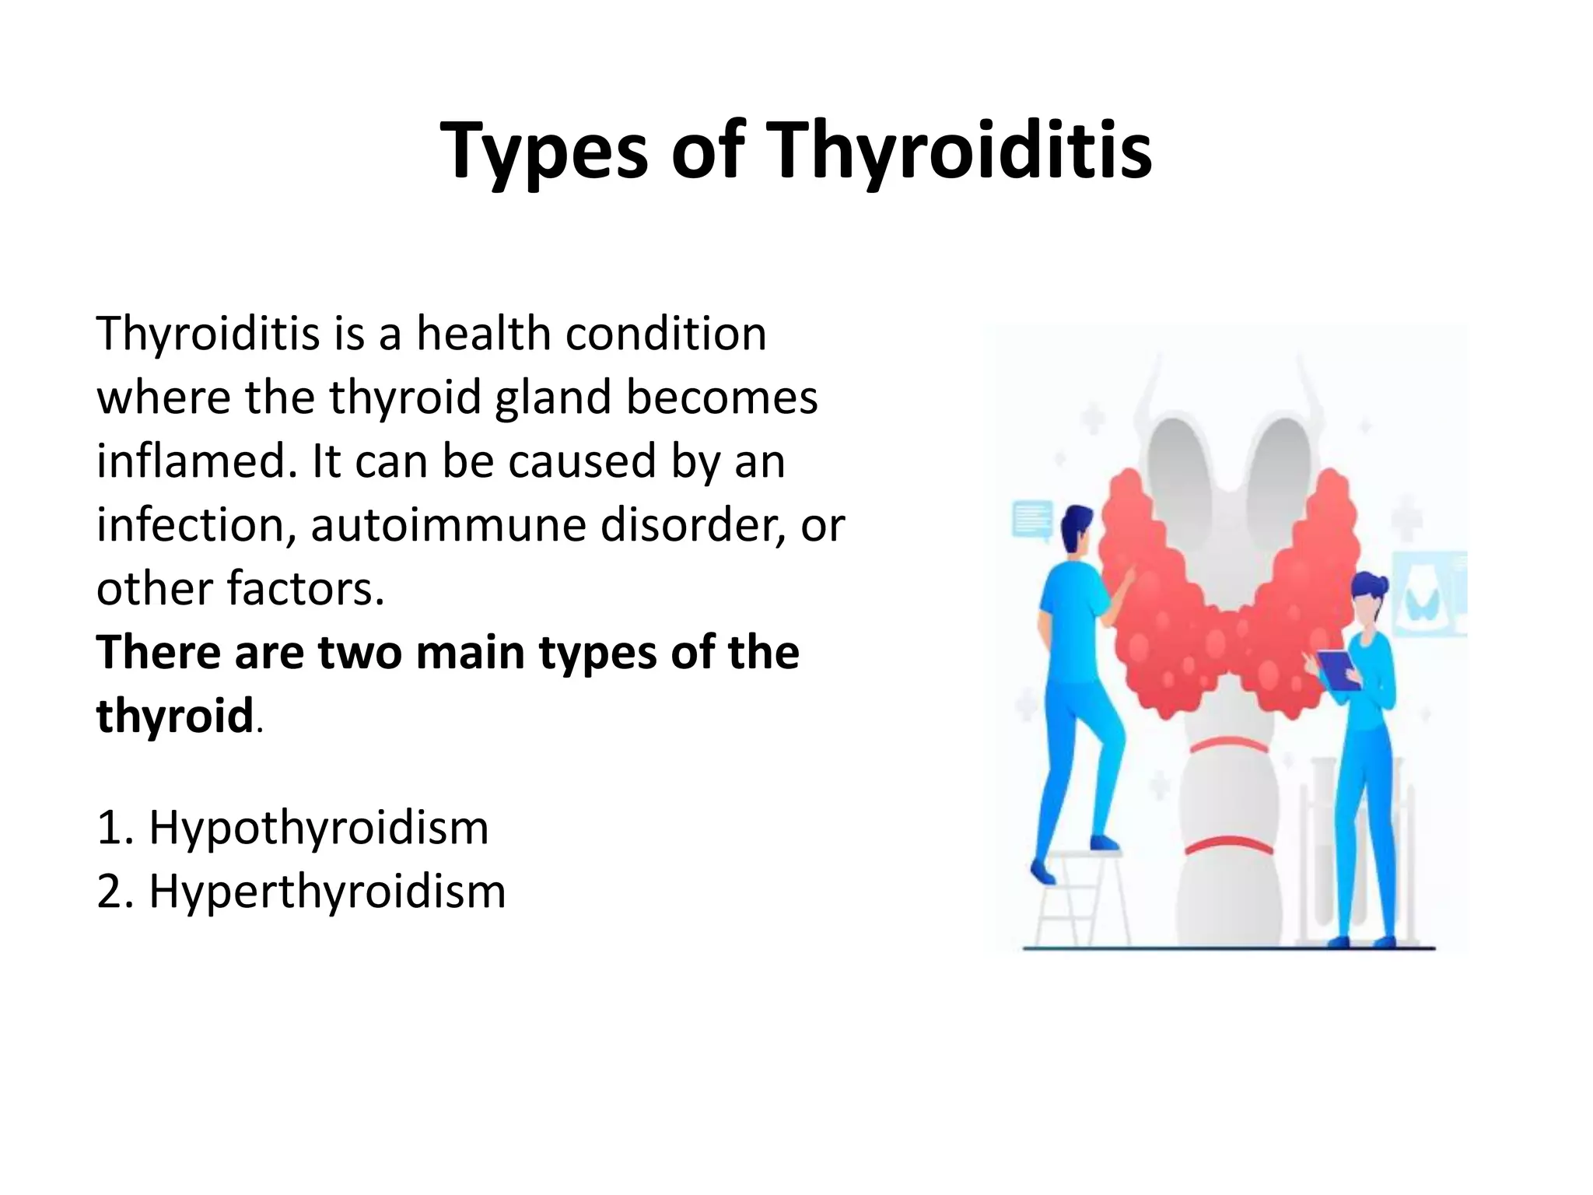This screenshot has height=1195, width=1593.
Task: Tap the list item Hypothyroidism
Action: point(319,827)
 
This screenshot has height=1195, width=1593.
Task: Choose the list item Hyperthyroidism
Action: point(327,891)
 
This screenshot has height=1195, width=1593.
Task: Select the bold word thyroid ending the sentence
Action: point(174,716)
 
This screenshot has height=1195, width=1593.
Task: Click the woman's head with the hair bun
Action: point(1371,595)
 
